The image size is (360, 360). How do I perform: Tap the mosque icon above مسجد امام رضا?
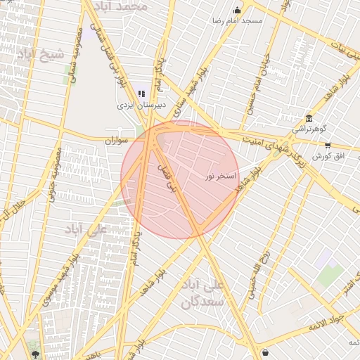coord(237,10)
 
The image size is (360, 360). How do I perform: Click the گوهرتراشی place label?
coord(308,130)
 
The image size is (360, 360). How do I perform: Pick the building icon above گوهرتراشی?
coord(309,118)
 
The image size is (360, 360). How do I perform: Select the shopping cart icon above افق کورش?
coord(328,144)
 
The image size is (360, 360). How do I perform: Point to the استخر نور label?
coord(223,175)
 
